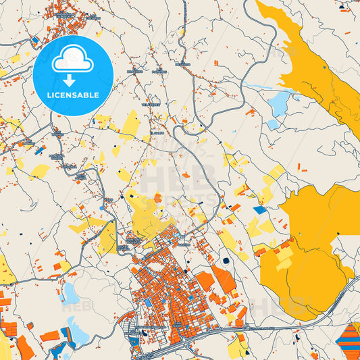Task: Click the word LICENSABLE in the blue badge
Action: (x=73, y=94)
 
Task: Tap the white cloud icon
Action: (x=73, y=59)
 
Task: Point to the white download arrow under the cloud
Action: (x=69, y=80)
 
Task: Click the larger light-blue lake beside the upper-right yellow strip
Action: (x=278, y=103)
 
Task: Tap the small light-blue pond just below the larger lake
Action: (x=272, y=125)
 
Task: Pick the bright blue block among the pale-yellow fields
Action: (x=260, y=210)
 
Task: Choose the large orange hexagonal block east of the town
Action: (x=205, y=281)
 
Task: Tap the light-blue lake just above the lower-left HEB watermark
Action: (x=70, y=292)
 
